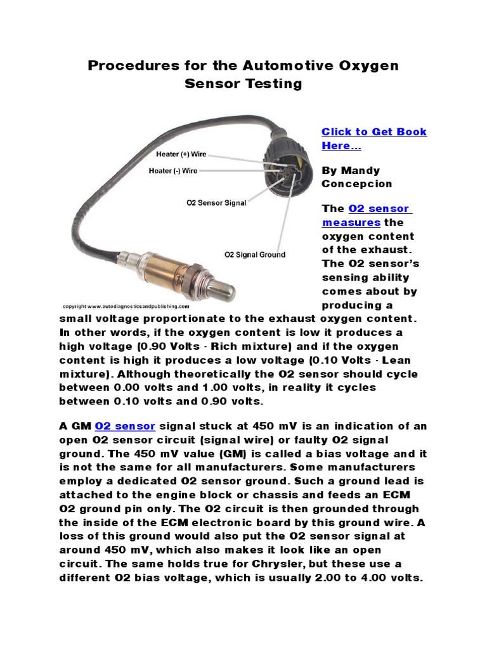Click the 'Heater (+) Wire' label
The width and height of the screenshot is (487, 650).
[x=181, y=154]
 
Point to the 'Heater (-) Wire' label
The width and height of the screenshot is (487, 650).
[x=172, y=170]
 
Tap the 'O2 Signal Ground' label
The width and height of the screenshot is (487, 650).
[x=255, y=255]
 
